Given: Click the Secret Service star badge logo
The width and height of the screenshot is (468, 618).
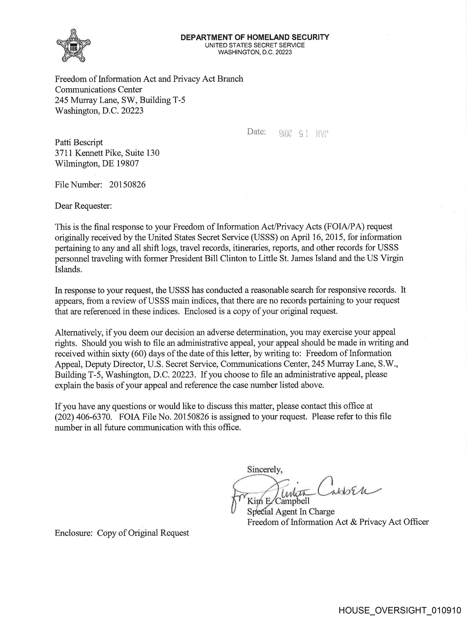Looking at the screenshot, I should [x=73, y=45].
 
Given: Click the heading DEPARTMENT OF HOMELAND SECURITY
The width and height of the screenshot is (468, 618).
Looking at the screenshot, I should [x=255, y=37].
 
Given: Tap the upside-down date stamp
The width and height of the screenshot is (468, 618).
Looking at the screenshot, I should [x=304, y=134].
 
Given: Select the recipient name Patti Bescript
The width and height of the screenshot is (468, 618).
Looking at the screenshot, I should [x=79, y=143].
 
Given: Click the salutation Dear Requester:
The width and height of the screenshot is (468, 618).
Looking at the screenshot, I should [x=83, y=206].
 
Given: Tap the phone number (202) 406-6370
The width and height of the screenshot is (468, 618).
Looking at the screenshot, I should [x=83, y=417].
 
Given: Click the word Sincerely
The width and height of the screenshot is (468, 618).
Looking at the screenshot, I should [x=264, y=470].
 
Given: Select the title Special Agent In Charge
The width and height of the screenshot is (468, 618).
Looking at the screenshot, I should [x=291, y=512].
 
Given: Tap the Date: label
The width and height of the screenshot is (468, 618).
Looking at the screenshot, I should [x=256, y=132].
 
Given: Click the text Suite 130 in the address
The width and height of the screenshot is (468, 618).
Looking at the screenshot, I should [x=142, y=153].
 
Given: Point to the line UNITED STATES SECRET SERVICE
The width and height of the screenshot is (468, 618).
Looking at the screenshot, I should [x=255, y=45].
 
